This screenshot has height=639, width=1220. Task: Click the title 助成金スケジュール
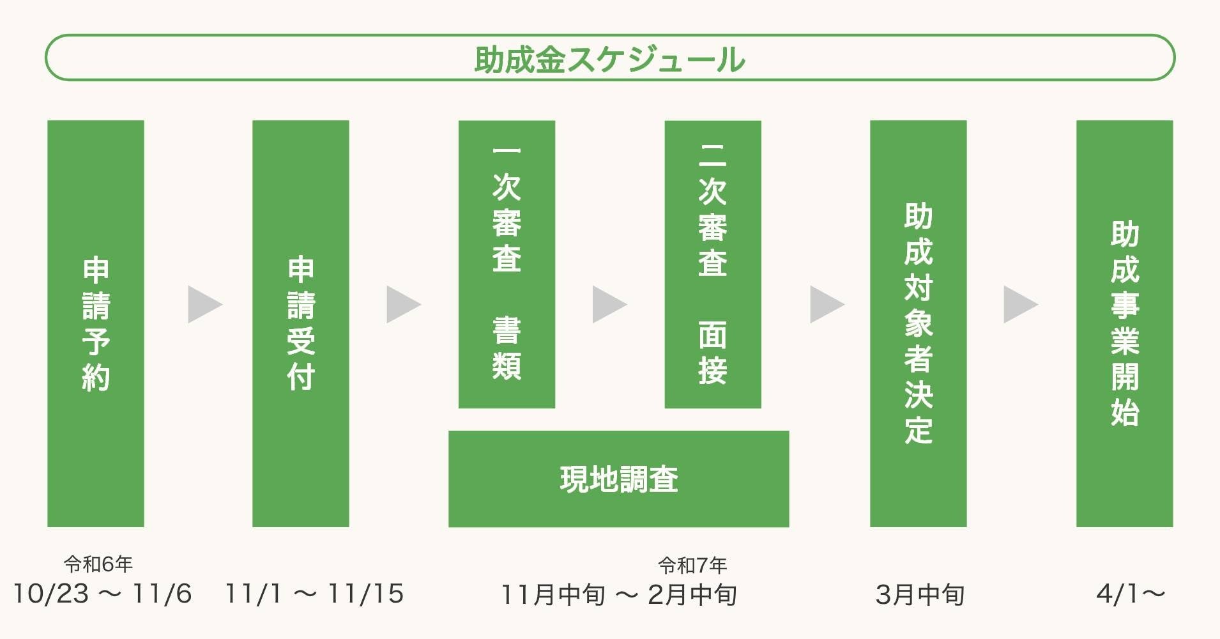point(609,59)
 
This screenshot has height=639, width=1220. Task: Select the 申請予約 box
point(96,323)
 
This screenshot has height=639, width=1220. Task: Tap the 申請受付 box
point(301,323)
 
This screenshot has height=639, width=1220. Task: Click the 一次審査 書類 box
point(507,264)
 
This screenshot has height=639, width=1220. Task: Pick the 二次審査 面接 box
point(713,264)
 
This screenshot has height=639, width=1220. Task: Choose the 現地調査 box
point(618,479)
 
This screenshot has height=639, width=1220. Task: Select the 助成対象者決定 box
point(918,323)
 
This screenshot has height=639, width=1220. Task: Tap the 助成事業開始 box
point(1124,323)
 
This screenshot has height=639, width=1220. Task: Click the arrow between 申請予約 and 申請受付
point(204,304)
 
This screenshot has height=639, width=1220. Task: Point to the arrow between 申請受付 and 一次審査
point(402,304)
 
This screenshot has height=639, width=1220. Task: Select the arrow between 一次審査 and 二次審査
point(608,304)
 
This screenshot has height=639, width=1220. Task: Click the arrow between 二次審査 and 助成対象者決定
point(826,304)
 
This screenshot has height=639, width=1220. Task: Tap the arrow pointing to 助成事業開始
point(1019,304)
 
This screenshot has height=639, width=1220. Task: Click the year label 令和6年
point(98,564)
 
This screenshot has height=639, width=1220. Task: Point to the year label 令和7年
point(692,566)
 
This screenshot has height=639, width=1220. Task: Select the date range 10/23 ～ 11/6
point(102,594)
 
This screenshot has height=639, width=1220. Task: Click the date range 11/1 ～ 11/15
point(314,594)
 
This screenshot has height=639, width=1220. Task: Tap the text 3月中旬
point(920,595)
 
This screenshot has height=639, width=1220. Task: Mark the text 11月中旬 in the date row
point(553,595)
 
